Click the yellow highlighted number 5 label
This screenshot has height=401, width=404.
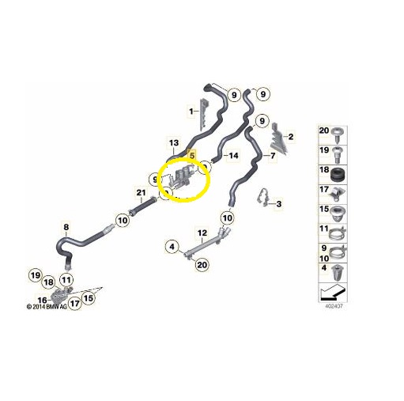pyautogui.click(x=192, y=155)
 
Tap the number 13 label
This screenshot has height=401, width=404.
pyautogui.click(x=174, y=143)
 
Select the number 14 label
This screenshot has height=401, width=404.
pyautogui.click(x=233, y=156)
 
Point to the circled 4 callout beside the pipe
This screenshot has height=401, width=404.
pyautogui.click(x=172, y=247)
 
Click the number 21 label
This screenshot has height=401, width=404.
pyautogui.click(x=141, y=193)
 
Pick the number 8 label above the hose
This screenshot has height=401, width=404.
pyautogui.click(x=66, y=227)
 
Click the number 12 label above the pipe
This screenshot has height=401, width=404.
pyautogui.click(x=202, y=233)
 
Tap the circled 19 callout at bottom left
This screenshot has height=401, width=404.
pyautogui.click(x=36, y=275)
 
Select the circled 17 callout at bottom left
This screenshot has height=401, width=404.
pyautogui.click(x=75, y=303)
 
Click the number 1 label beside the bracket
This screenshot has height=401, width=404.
pyautogui.click(x=191, y=112)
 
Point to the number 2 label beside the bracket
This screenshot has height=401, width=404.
pyautogui.click(x=291, y=137)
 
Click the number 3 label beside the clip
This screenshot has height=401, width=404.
pyautogui.click(x=278, y=203)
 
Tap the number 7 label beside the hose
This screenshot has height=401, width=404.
pyautogui.click(x=273, y=156)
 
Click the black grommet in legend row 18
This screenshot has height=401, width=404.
pyautogui.click(x=337, y=175)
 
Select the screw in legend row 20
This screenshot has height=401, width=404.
pyautogui.click(x=338, y=134)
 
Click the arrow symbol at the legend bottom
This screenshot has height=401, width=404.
pyautogui.click(x=333, y=293)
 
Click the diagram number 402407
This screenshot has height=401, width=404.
pyautogui.click(x=334, y=306)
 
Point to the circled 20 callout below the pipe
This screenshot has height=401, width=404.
pyautogui.click(x=202, y=264)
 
